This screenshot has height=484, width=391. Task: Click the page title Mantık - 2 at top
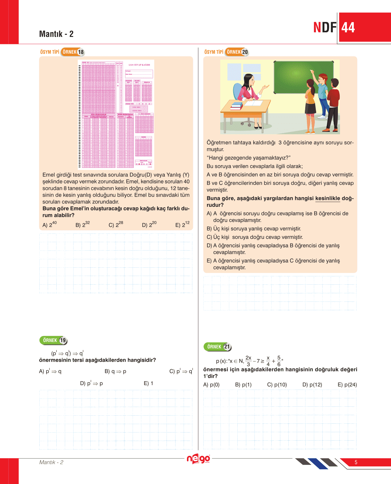point(56,34)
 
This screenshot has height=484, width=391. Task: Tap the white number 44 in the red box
point(348,28)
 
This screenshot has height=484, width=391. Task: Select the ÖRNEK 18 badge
point(73,52)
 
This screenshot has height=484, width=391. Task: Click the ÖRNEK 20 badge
point(237,52)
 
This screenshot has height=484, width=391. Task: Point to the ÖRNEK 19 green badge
point(53,340)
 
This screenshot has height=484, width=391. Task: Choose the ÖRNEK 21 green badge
point(218,347)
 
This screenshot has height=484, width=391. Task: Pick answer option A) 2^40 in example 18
point(50,224)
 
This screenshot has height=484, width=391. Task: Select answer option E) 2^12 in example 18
point(182,224)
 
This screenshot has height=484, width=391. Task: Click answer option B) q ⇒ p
point(115,371)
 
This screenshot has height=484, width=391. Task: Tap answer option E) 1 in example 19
point(149,383)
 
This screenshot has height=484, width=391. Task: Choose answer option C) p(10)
point(277,385)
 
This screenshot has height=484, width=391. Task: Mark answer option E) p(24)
point(347,385)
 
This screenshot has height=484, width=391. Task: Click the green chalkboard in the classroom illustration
point(303,77)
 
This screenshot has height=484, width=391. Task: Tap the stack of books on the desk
point(236,106)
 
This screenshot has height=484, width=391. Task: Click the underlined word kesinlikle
point(328,198)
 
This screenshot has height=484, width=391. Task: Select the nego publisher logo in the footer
point(198,459)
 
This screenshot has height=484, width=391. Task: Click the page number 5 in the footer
point(356,462)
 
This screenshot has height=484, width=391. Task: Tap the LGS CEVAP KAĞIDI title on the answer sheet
point(139,65)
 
